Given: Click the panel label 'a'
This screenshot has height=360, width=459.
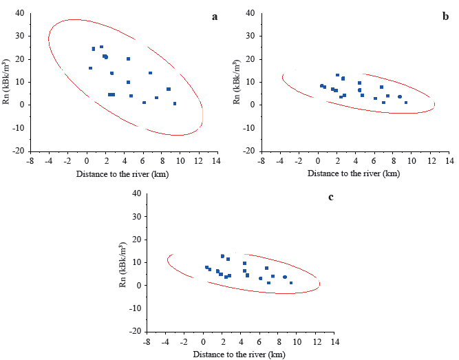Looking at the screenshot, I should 215,16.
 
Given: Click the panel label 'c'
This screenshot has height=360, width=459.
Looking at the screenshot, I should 331,197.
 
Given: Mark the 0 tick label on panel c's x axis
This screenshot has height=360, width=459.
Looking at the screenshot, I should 203,341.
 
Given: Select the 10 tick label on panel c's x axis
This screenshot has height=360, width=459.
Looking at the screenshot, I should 297,341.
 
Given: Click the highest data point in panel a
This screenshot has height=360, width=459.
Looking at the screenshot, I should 101,47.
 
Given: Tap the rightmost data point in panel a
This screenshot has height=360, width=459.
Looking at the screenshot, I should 175,104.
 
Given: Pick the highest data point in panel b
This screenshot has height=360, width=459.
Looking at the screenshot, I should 337,75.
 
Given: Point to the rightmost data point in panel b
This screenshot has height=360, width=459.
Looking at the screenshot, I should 406,103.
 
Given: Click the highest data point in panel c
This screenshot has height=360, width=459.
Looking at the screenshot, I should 222,256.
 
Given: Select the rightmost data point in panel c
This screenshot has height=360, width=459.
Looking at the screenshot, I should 291,283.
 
